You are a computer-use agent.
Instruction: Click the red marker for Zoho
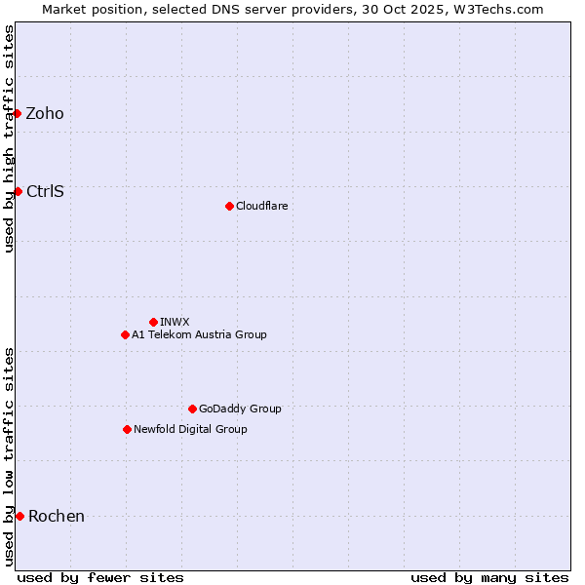[x=18, y=114]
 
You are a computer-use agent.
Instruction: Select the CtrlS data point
[x=18, y=191]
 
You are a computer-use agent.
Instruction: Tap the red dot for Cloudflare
[x=229, y=206]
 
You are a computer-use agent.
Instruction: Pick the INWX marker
[x=153, y=322]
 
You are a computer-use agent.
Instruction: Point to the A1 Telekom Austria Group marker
[x=125, y=334]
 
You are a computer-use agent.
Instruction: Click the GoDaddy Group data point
[x=192, y=409]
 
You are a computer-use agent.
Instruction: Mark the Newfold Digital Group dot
[x=127, y=429]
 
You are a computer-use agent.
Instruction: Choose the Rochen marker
[x=19, y=516]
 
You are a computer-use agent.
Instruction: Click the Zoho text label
[x=45, y=114]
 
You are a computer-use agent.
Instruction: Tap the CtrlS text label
[x=45, y=191]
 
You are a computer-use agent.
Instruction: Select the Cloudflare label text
[x=261, y=206]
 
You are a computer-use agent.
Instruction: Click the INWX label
[x=175, y=322]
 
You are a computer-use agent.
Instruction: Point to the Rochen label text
[x=57, y=516]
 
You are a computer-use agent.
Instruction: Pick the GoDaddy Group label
[x=240, y=409]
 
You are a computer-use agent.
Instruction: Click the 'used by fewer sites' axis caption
[x=100, y=577]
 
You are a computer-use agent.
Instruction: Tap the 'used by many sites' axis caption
[x=489, y=577]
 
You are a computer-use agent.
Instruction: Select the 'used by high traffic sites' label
[x=9, y=138]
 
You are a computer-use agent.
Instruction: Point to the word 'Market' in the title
[x=64, y=9]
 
